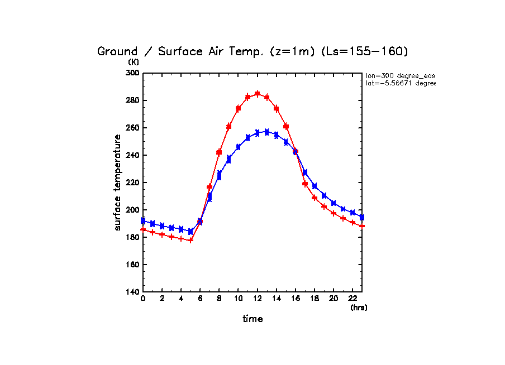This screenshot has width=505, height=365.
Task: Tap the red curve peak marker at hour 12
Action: (258, 94)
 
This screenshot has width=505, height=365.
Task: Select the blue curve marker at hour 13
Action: (267, 132)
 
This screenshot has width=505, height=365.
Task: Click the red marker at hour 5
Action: (190, 240)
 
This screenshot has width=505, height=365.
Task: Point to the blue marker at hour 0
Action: (143, 221)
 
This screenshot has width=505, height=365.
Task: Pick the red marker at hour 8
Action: (220, 152)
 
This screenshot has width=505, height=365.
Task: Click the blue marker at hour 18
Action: (315, 186)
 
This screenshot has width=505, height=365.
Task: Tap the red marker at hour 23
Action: (363, 225)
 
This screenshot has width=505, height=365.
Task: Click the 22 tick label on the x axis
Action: (353, 300)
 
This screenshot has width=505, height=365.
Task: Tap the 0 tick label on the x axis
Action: (143, 300)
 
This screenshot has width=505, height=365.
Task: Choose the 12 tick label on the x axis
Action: (258, 300)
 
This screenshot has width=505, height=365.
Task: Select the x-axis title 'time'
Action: (252, 319)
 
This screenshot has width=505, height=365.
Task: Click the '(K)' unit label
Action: (134, 62)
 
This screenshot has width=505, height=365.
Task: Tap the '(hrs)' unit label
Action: (359, 308)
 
